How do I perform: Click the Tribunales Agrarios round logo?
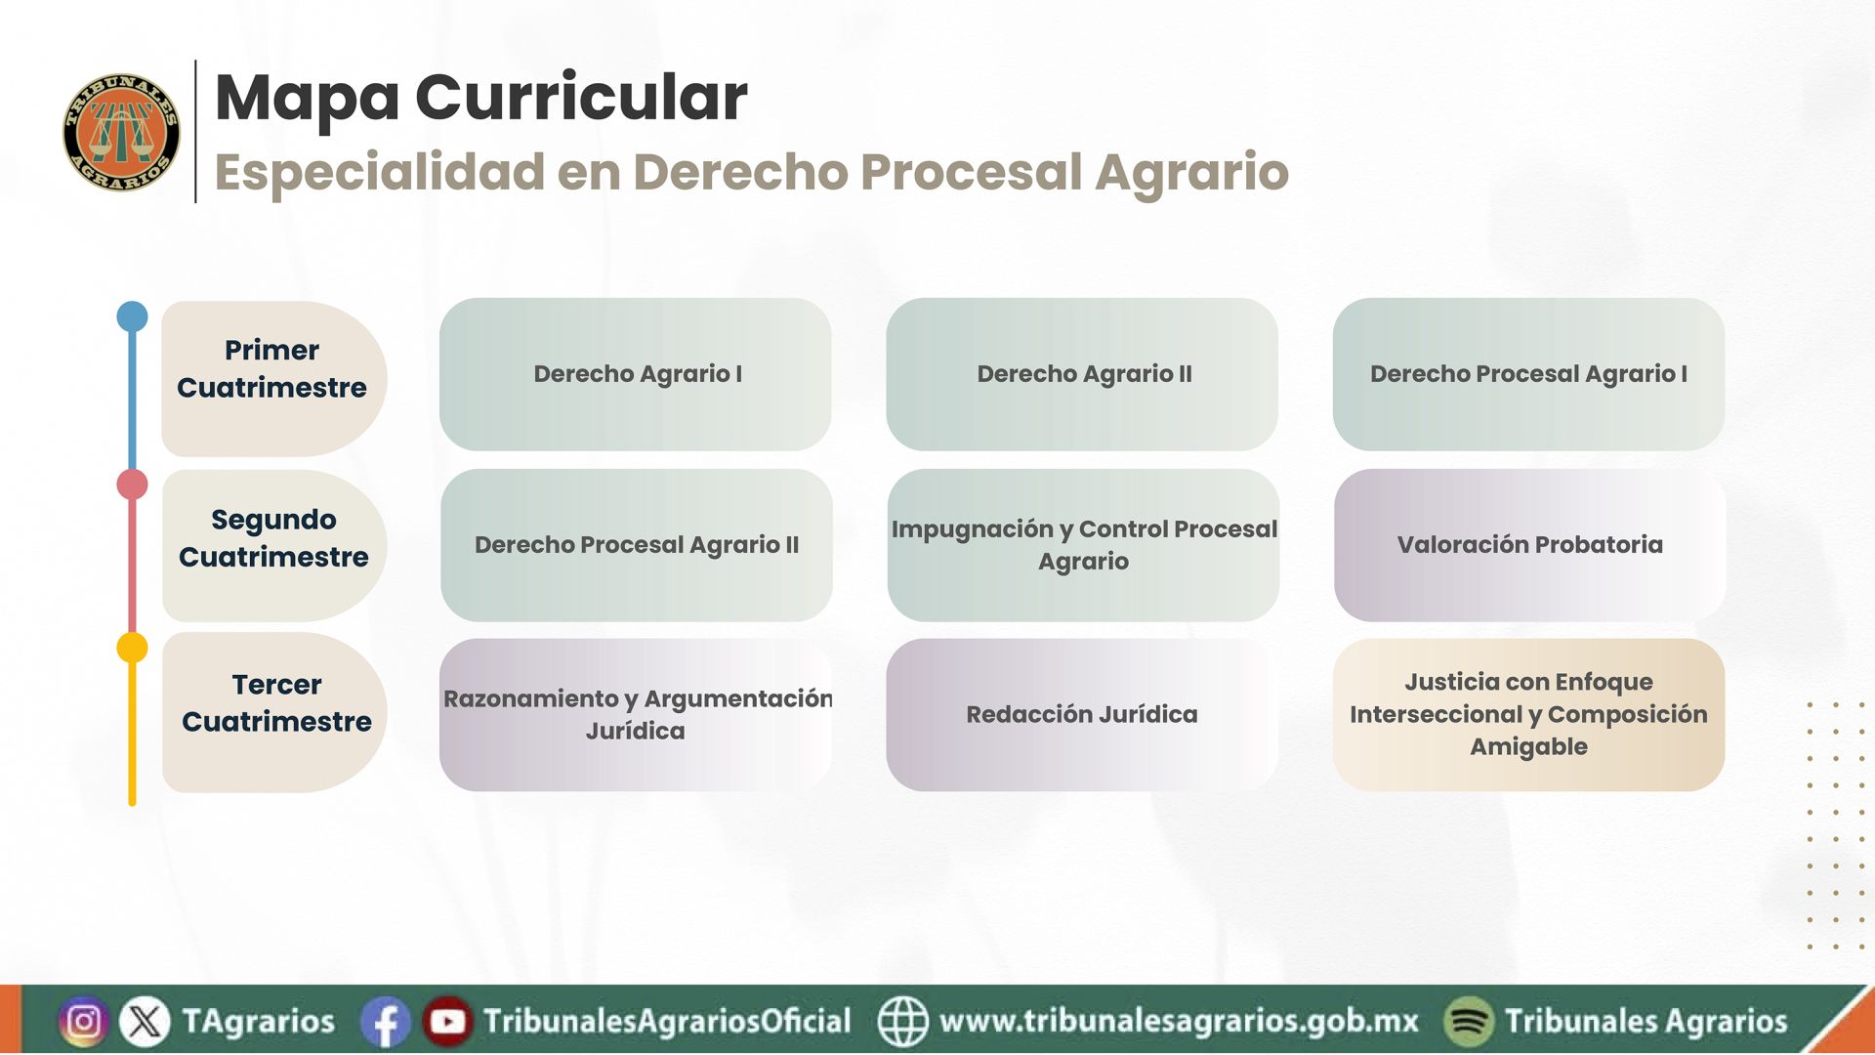point(121,132)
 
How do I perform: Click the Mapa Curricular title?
point(480,98)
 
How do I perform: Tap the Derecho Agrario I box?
point(636,374)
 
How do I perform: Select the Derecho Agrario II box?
point(1082,374)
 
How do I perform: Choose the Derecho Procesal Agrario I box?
point(1528,374)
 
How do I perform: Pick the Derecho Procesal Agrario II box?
point(637,545)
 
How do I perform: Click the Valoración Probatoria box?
point(1529,545)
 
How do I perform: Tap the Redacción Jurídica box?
point(1082,715)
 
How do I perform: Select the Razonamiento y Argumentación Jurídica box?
point(636,715)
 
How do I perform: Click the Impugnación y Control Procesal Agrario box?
point(1083,545)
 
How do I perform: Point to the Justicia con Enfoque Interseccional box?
point(1528,715)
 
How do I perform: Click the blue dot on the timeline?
point(132,316)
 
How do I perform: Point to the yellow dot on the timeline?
point(132,648)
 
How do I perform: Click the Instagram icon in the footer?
point(84,1022)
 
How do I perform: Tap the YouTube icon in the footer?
point(447,1022)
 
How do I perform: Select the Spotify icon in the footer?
point(1469,1022)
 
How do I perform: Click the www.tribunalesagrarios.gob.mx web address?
point(1179,1021)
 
